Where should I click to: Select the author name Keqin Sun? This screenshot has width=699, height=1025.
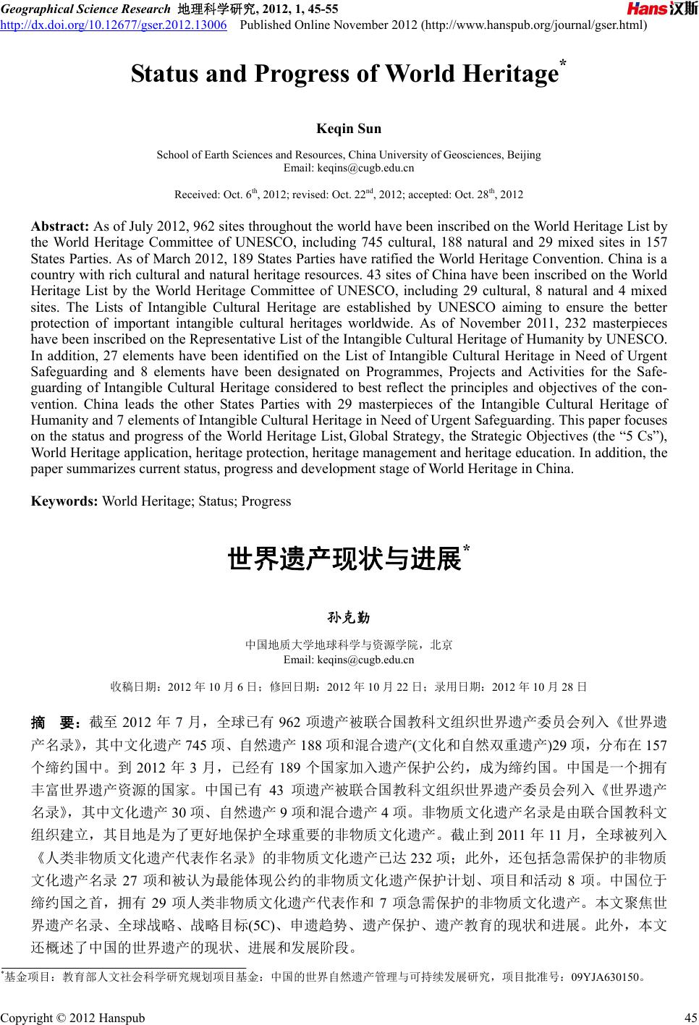(349, 129)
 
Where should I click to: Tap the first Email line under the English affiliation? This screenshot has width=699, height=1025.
(349, 168)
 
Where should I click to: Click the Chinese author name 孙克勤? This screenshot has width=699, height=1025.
(349, 618)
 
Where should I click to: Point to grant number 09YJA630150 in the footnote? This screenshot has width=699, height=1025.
(605, 978)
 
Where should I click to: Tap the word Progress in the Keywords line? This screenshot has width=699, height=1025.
(266, 501)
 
